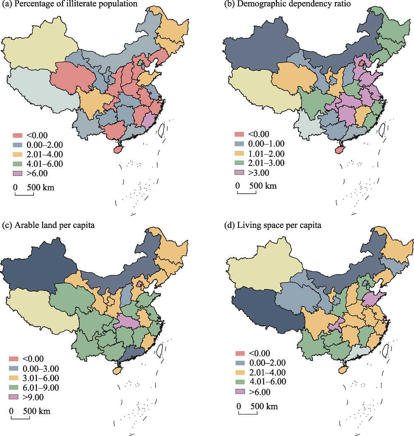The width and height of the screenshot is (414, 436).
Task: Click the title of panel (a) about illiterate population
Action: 70,5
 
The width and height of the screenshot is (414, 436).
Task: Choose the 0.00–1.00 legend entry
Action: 259,144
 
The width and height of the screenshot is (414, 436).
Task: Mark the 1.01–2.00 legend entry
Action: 259,153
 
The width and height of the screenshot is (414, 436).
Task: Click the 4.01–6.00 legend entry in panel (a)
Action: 38,163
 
